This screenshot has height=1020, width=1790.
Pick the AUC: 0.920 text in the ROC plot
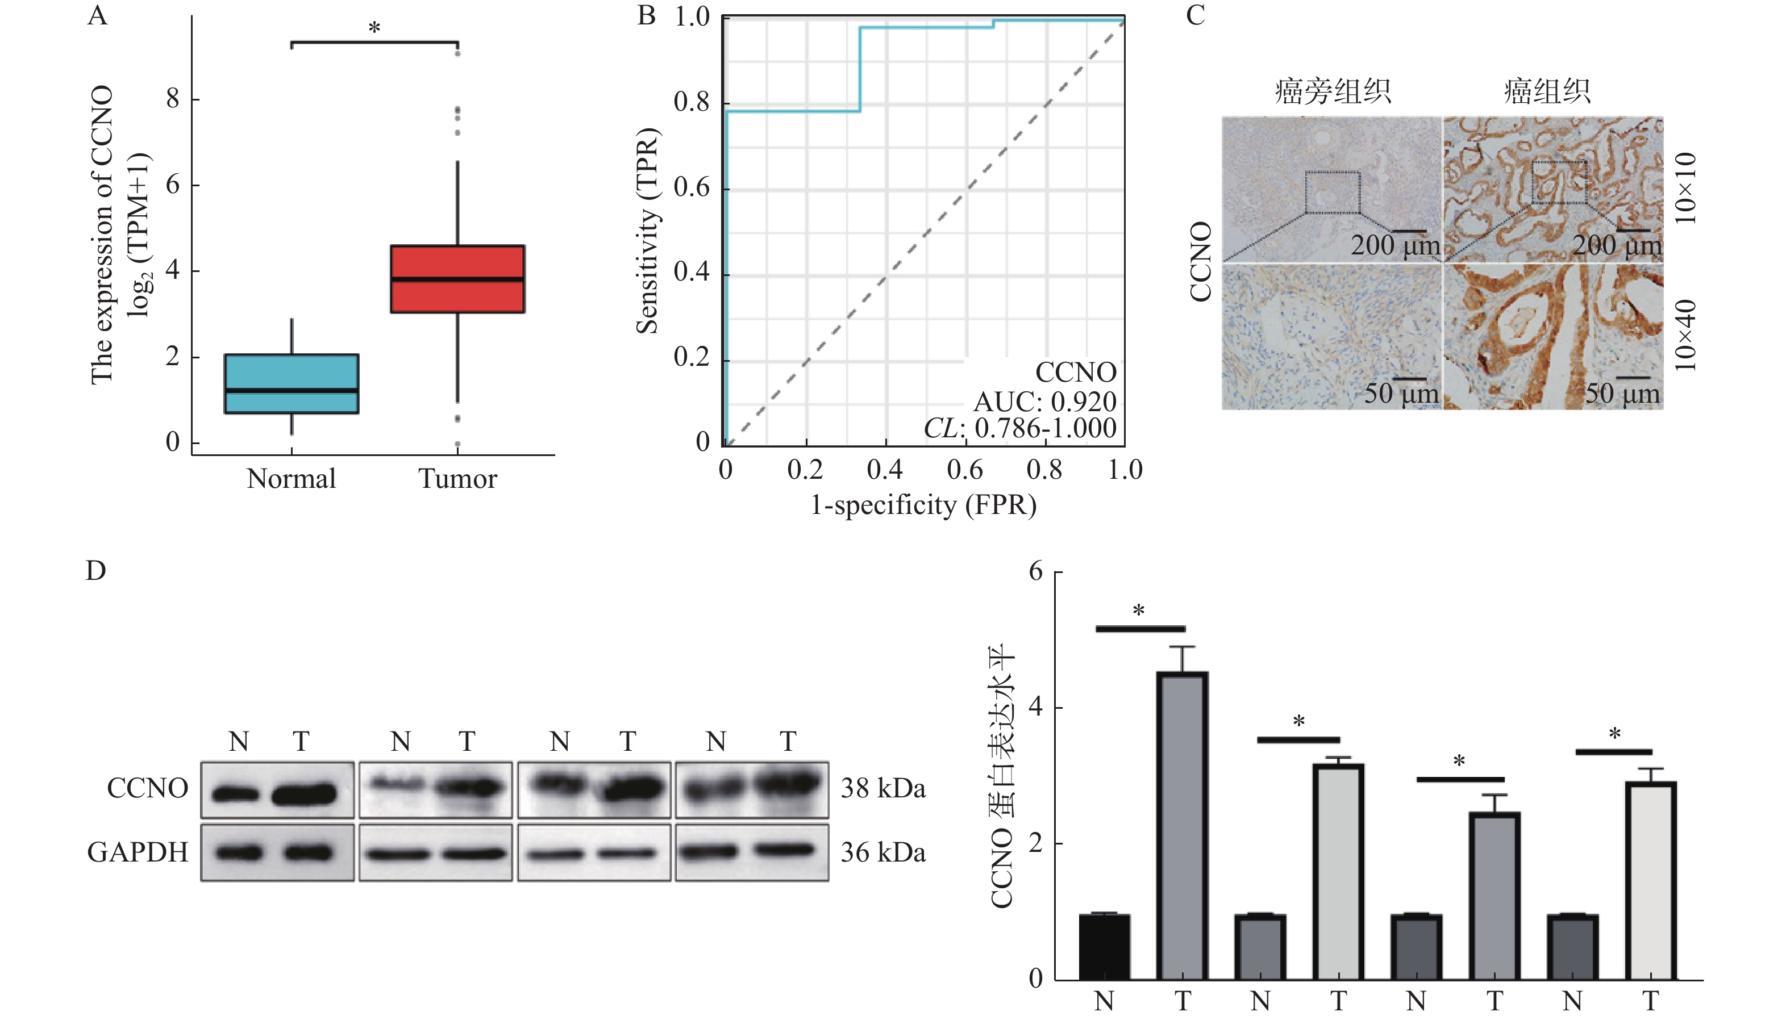(1044, 402)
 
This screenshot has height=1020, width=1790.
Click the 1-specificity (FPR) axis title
(923, 505)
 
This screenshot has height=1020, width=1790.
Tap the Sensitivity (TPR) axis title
(648, 231)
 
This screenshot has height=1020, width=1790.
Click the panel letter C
(1195, 15)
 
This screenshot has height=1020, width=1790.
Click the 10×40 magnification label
(1685, 336)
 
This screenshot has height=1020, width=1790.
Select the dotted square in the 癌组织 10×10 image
(1559, 182)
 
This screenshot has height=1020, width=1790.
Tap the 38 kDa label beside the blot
(882, 789)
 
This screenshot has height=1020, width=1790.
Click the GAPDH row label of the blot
(138, 852)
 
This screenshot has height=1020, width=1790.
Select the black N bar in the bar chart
(1104, 946)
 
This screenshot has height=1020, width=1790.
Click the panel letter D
(96, 571)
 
